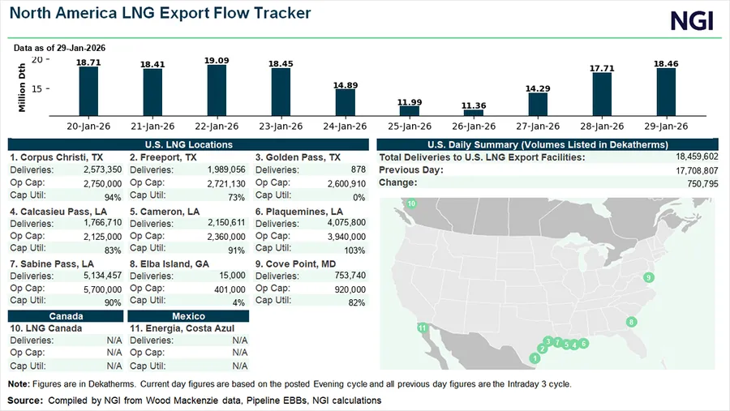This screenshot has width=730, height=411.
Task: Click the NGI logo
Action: click(x=692, y=20)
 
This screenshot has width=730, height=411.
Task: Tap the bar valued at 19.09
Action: click(x=217, y=90)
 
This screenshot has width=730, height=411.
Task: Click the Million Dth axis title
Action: click(x=22, y=86)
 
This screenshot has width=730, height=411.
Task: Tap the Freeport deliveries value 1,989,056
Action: click(x=221, y=169)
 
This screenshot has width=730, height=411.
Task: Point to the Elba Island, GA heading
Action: click(x=170, y=264)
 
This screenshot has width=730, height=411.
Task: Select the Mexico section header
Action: click(x=188, y=316)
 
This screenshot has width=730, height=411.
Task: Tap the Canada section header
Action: click(x=66, y=316)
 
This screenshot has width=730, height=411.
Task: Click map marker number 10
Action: click(x=411, y=203)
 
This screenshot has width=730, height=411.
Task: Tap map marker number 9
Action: click(x=649, y=278)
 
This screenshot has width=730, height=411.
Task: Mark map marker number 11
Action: click(x=422, y=328)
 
